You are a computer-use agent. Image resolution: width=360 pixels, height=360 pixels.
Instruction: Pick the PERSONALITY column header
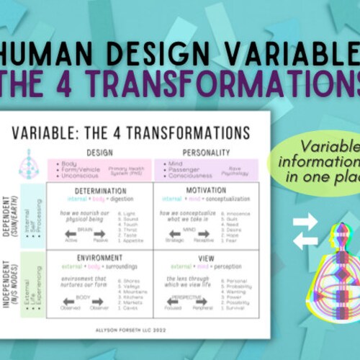coord(206,153)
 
